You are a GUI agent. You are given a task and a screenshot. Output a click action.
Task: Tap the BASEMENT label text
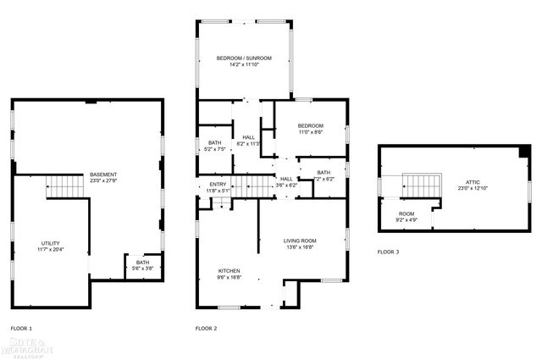[x=103, y=174]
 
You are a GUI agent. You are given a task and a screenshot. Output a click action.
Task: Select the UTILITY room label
[x=50, y=242]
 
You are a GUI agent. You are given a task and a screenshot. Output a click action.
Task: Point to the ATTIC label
[x=473, y=182]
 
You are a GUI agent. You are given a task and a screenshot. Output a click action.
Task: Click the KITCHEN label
[x=230, y=270]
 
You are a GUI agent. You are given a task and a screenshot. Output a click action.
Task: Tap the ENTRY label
[x=218, y=184]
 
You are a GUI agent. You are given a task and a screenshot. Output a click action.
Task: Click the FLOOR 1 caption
[x=21, y=328]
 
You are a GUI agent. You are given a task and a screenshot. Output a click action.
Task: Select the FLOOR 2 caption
[x=206, y=328]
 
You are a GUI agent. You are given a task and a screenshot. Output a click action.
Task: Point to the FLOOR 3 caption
[x=389, y=252]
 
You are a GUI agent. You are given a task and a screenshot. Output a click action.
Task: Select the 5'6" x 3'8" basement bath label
[x=141, y=268]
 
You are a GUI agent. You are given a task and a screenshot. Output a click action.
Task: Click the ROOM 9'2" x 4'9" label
[x=406, y=216]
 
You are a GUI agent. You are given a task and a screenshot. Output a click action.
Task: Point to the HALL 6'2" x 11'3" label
[x=249, y=140]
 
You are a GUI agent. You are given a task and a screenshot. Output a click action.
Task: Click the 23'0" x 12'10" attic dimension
[x=473, y=188]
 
